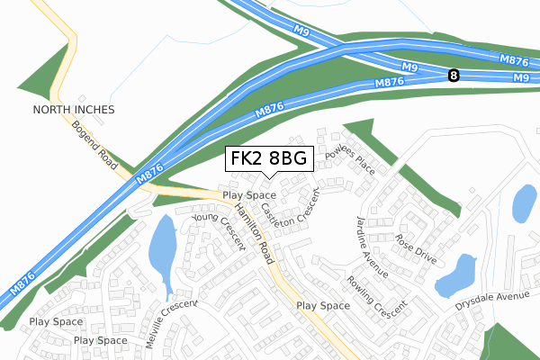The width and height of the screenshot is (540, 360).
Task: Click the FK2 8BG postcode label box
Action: tap(268, 158)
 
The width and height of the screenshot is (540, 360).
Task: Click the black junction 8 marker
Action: tap(453, 77)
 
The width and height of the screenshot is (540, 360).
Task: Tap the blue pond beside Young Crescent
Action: tap(163, 247)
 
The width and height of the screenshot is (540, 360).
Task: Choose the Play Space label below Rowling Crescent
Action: tap(323, 306)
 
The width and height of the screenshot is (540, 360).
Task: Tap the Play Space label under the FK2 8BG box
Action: tap(248, 194)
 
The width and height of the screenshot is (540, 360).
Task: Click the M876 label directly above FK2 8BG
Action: tap(271, 112)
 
